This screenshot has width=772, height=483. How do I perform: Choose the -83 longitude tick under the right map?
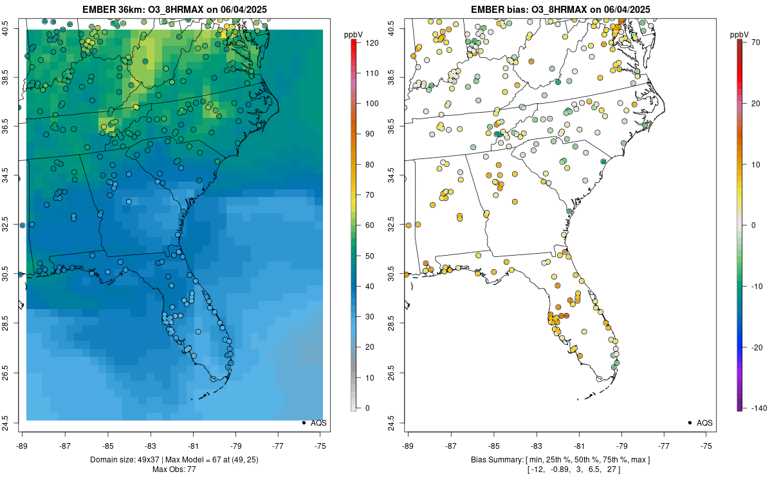(536, 446)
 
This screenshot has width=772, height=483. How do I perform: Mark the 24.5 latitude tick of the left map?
(12, 423)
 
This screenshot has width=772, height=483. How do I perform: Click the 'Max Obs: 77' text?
(174, 469)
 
